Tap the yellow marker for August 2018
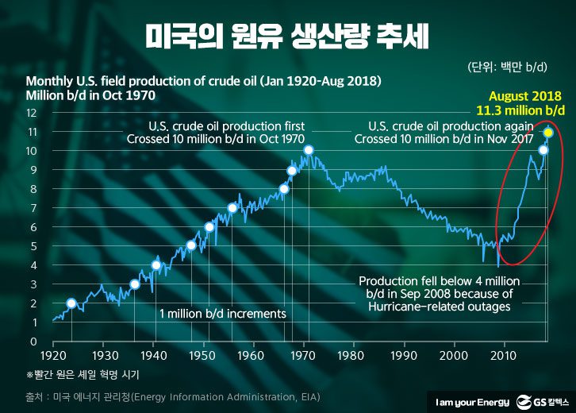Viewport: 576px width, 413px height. [x=548, y=132]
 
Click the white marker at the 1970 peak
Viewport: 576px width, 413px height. [x=309, y=150]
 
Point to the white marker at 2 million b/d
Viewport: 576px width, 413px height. [x=71, y=303]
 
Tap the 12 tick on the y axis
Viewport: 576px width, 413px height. [x=33, y=113]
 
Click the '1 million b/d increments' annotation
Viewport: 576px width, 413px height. [x=222, y=314]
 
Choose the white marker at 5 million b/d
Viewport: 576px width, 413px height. [x=191, y=245]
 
